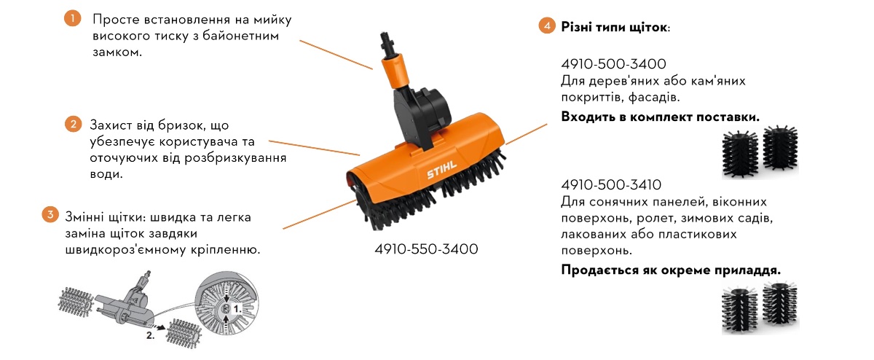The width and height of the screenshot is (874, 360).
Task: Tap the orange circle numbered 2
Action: point(72,124)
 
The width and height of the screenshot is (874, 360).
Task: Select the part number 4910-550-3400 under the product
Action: point(426,249)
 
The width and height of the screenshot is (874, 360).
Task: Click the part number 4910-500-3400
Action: point(613,64)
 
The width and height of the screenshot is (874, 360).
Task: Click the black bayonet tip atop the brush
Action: point(385,41)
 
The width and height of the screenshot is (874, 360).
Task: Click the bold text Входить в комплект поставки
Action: point(661,117)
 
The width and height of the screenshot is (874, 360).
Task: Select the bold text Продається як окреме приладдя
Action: point(671,270)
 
